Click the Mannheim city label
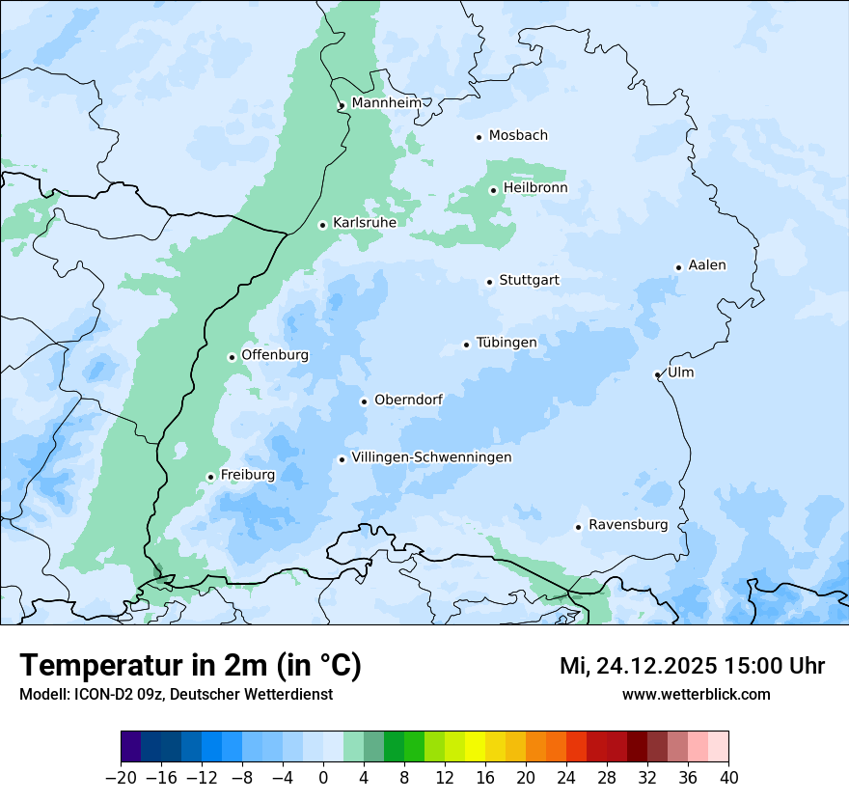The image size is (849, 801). coord(386,102)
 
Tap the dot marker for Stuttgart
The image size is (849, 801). coord(489,282)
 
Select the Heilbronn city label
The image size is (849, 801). coord(535,188)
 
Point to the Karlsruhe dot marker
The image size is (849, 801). coord(323,225)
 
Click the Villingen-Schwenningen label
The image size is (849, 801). coord(431,457)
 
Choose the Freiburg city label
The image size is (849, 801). coord(247,475)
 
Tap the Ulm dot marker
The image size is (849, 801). coord(657,374)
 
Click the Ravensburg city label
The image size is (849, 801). coord(628,525)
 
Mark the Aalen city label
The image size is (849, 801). coord(707,265)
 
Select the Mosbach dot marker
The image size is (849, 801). coord(479,137)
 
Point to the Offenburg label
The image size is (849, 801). coord(275,355)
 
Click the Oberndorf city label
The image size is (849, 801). coord(408,400)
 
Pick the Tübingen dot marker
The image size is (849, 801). coord(466,345)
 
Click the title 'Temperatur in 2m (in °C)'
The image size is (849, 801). coord(190,665)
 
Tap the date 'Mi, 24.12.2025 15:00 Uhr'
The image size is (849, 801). coord(692,666)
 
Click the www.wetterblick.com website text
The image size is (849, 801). coord(696,694)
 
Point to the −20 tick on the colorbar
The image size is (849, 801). coord(121,777)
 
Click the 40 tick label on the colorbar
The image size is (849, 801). coord(728,777)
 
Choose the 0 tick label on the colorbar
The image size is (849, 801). coord(323,777)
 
